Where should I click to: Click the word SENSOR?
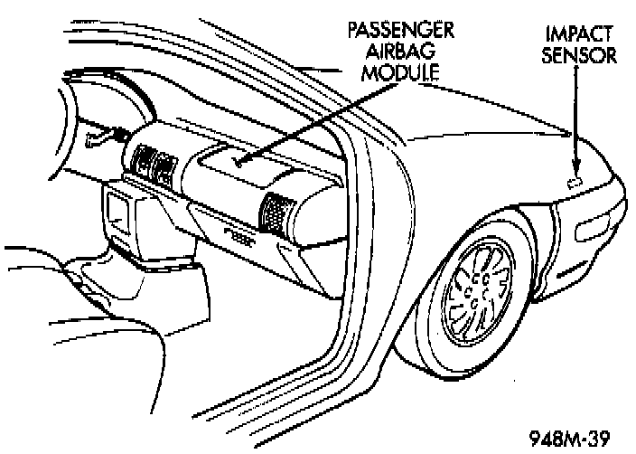click(580, 55)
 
